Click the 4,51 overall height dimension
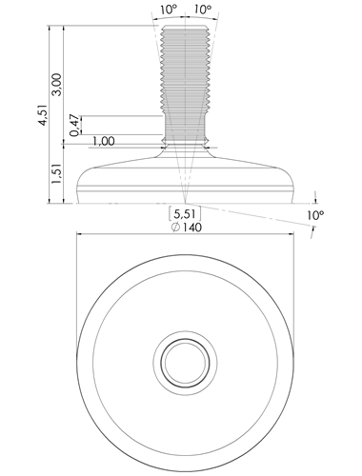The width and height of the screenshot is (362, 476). tap(43, 115)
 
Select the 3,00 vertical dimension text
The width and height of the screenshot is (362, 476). tap(57, 85)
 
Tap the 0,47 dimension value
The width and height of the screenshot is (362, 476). tap(74, 126)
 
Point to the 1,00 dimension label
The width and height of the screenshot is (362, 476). tap(104, 141)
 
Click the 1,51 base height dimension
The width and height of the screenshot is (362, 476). tap(57, 173)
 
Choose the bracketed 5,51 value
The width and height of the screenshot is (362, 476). tap(185, 213)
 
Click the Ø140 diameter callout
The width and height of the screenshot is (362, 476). tap(187, 228)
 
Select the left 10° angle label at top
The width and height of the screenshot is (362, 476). tap(169, 10)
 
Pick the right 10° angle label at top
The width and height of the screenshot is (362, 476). tap(203, 10)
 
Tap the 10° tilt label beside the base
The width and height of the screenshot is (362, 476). tap(315, 215)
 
